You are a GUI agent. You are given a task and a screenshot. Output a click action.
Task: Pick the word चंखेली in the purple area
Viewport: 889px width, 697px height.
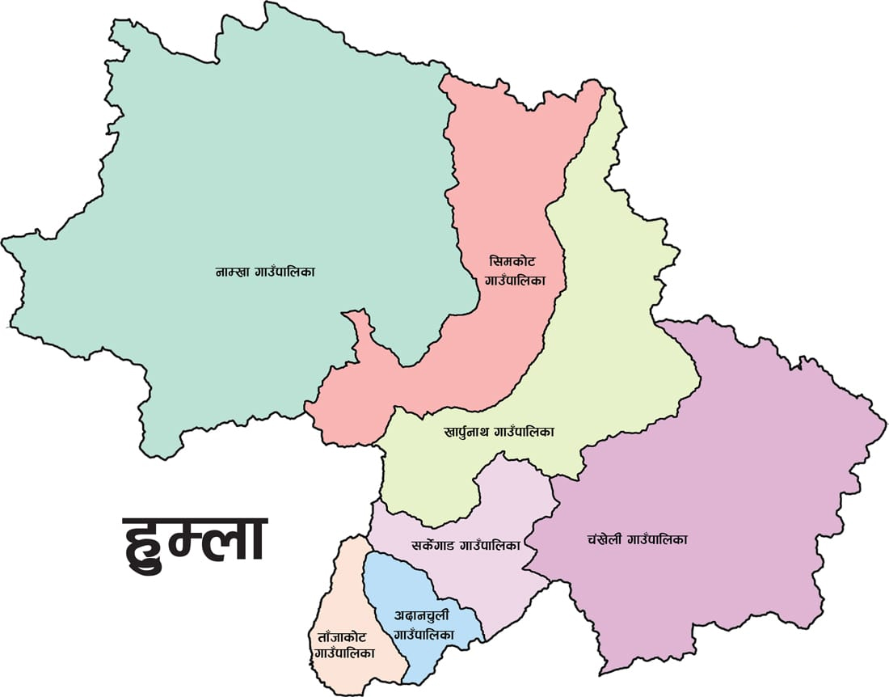600,539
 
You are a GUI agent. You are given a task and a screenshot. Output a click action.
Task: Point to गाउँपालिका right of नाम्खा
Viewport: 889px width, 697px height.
287,272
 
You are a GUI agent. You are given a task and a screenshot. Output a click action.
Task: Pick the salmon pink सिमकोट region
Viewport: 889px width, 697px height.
501,178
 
